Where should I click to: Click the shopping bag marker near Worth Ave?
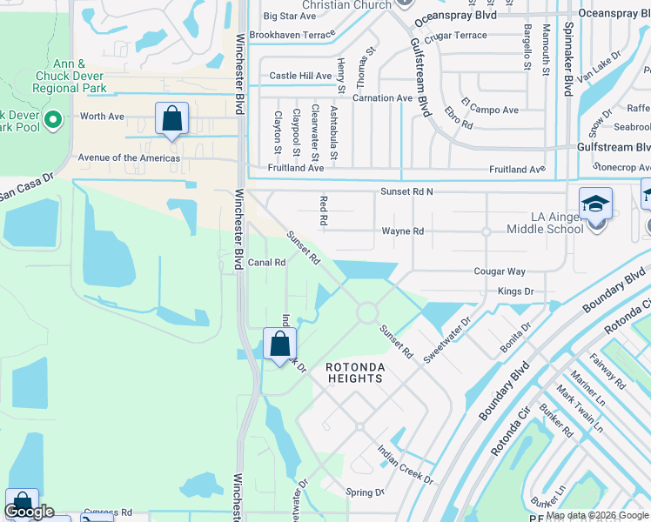pyautogui.click(x=171, y=118)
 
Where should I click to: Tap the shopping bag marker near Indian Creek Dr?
pyautogui.click(x=279, y=344)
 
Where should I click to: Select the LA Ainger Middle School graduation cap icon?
pyautogui.click(x=595, y=204)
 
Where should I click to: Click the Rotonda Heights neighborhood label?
pyautogui.click(x=354, y=373)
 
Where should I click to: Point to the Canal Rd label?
pyautogui.click(x=267, y=262)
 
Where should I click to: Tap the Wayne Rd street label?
pyautogui.click(x=402, y=231)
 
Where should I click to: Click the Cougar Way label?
pyautogui.click(x=500, y=271)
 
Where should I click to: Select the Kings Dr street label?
pyautogui.click(x=515, y=291)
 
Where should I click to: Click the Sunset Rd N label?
pyautogui.click(x=406, y=191)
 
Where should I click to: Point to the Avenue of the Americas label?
pyautogui.click(x=129, y=158)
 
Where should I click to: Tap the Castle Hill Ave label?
pyautogui.click(x=300, y=77)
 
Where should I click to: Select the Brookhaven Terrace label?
pyautogui.click(x=292, y=35)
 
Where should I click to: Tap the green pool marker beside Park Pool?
pyautogui.click(x=52, y=118)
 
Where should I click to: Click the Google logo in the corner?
pyautogui.click(x=30, y=512)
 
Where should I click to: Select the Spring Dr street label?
pyautogui.click(x=365, y=492)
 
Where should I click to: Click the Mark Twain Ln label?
pyautogui.click(x=580, y=410)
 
